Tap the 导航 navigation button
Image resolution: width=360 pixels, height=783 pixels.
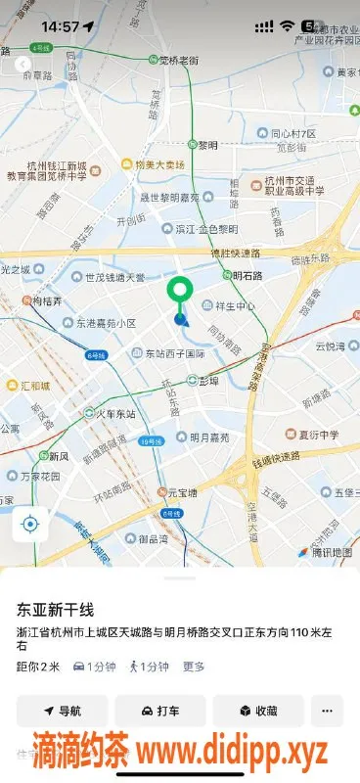62,711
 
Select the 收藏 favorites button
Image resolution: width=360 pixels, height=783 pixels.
258,711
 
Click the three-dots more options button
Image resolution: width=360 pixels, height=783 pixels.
327,711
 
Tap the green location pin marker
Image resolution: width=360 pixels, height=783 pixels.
179,292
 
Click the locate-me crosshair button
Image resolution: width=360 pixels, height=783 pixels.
29,525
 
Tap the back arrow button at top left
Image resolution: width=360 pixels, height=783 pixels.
22,65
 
